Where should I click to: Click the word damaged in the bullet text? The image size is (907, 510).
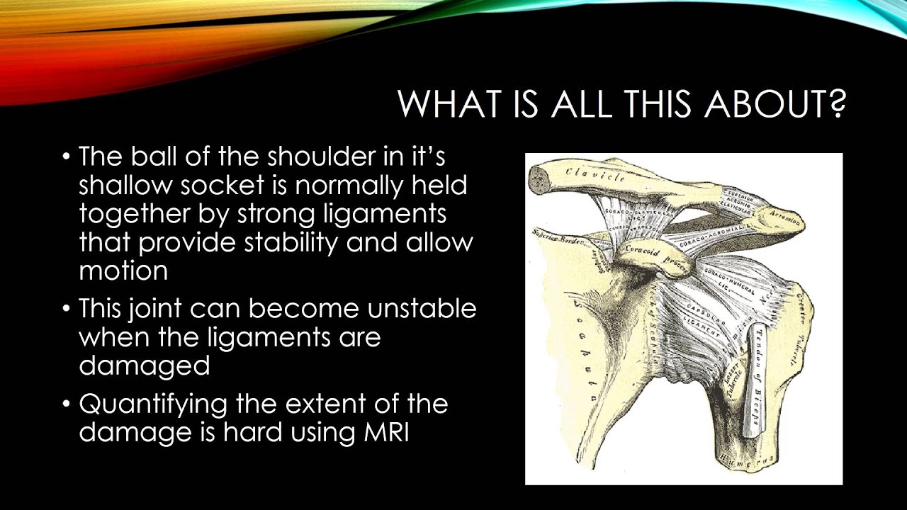coord(144,365)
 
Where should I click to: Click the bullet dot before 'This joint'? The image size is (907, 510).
coord(66,310)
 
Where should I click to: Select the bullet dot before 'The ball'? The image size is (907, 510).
coord(66,156)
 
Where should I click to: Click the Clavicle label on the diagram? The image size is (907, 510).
coord(594,174)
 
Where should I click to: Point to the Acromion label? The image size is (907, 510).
coord(784,220)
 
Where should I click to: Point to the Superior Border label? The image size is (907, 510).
coord(556,237)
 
